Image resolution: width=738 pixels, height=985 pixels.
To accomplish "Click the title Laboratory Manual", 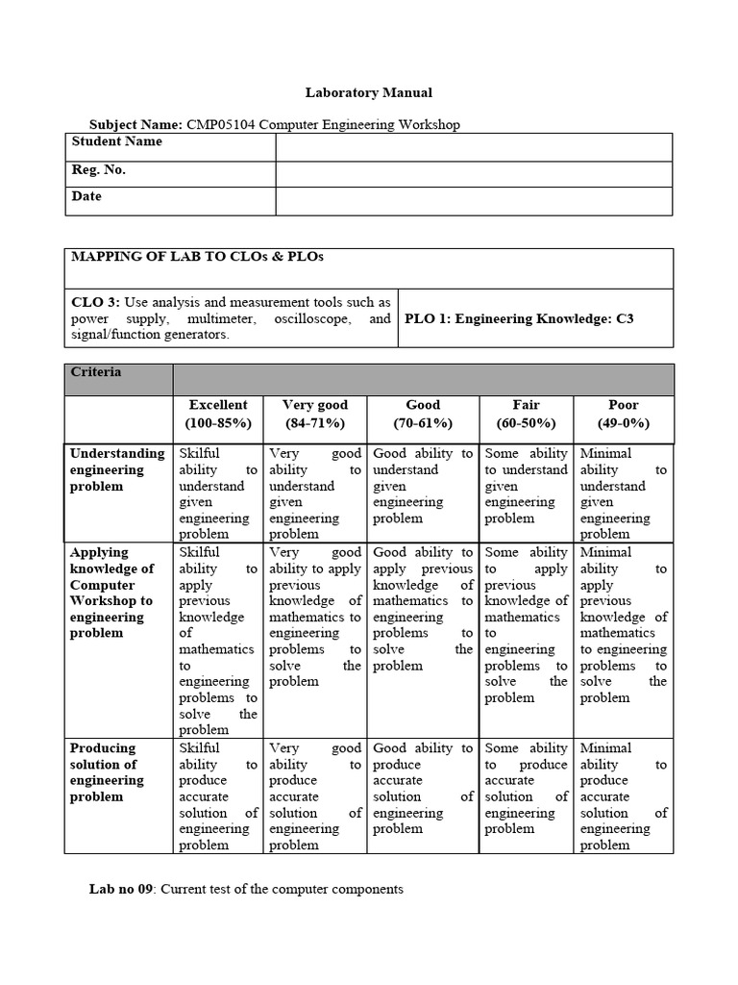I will point(368,93).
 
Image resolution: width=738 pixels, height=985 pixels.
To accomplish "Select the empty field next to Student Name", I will point(473,147).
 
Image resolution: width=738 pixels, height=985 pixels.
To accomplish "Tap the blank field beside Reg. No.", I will point(473,174).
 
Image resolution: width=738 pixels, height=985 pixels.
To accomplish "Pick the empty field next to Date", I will point(473,200).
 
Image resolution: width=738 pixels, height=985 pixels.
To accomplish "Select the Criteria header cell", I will point(96,372).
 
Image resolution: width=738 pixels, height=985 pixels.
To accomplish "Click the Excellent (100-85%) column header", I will point(218,415).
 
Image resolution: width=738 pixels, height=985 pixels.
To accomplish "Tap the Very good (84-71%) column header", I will point(315,415).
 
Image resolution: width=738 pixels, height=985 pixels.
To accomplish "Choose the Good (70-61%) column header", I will point(423,415).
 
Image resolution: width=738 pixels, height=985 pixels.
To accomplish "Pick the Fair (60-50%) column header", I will point(526,415).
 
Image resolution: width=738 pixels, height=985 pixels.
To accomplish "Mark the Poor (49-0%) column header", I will point(623,415).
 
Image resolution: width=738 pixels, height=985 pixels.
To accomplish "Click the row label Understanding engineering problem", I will point(117,470).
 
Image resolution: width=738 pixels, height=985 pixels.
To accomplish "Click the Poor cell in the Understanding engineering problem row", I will point(623,493).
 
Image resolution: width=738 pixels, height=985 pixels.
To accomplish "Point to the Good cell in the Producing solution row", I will point(423,789).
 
